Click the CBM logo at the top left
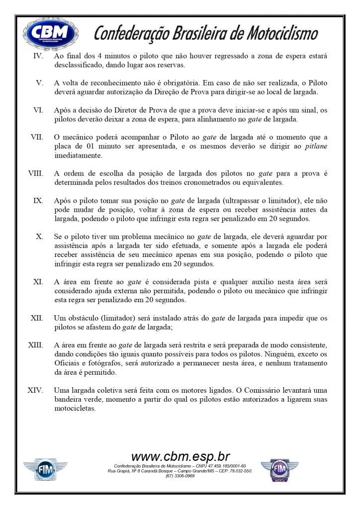[x=51, y=34]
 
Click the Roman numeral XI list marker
[x=37, y=282]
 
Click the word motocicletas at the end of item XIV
[x=75, y=409]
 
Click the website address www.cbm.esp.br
[x=180, y=456]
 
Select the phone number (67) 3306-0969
[x=180, y=476]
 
